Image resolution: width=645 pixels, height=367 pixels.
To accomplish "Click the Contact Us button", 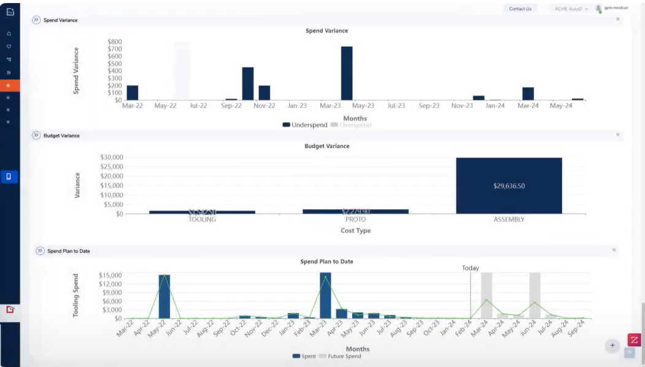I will tap(520, 9).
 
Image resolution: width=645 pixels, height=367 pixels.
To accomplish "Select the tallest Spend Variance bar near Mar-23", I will tap(347, 73).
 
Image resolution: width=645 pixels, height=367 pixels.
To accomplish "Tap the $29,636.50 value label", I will tap(509, 186).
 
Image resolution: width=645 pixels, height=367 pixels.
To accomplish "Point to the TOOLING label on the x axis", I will tap(202, 219).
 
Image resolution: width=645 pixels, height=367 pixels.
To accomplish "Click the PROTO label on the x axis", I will tap(355, 219).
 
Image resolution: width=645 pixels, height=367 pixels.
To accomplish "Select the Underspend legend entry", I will tap(305, 125).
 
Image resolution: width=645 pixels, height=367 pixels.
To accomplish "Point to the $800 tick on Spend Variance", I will tap(114, 42).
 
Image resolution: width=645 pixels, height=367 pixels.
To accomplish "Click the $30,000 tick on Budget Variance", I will tap(111, 157).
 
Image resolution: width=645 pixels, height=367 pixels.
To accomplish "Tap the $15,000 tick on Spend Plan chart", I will tap(110, 276).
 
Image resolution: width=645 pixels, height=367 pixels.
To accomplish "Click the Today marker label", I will tap(470, 268).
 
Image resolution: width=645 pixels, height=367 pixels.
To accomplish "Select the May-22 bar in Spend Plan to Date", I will tap(164, 296).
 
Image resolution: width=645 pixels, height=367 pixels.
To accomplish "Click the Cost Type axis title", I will tap(355, 231).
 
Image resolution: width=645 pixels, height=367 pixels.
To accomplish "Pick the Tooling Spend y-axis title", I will tap(76, 295).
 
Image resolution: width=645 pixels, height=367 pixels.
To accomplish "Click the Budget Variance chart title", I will tap(326, 146).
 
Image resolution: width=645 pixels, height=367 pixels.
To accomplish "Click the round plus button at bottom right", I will tap(612, 346).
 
